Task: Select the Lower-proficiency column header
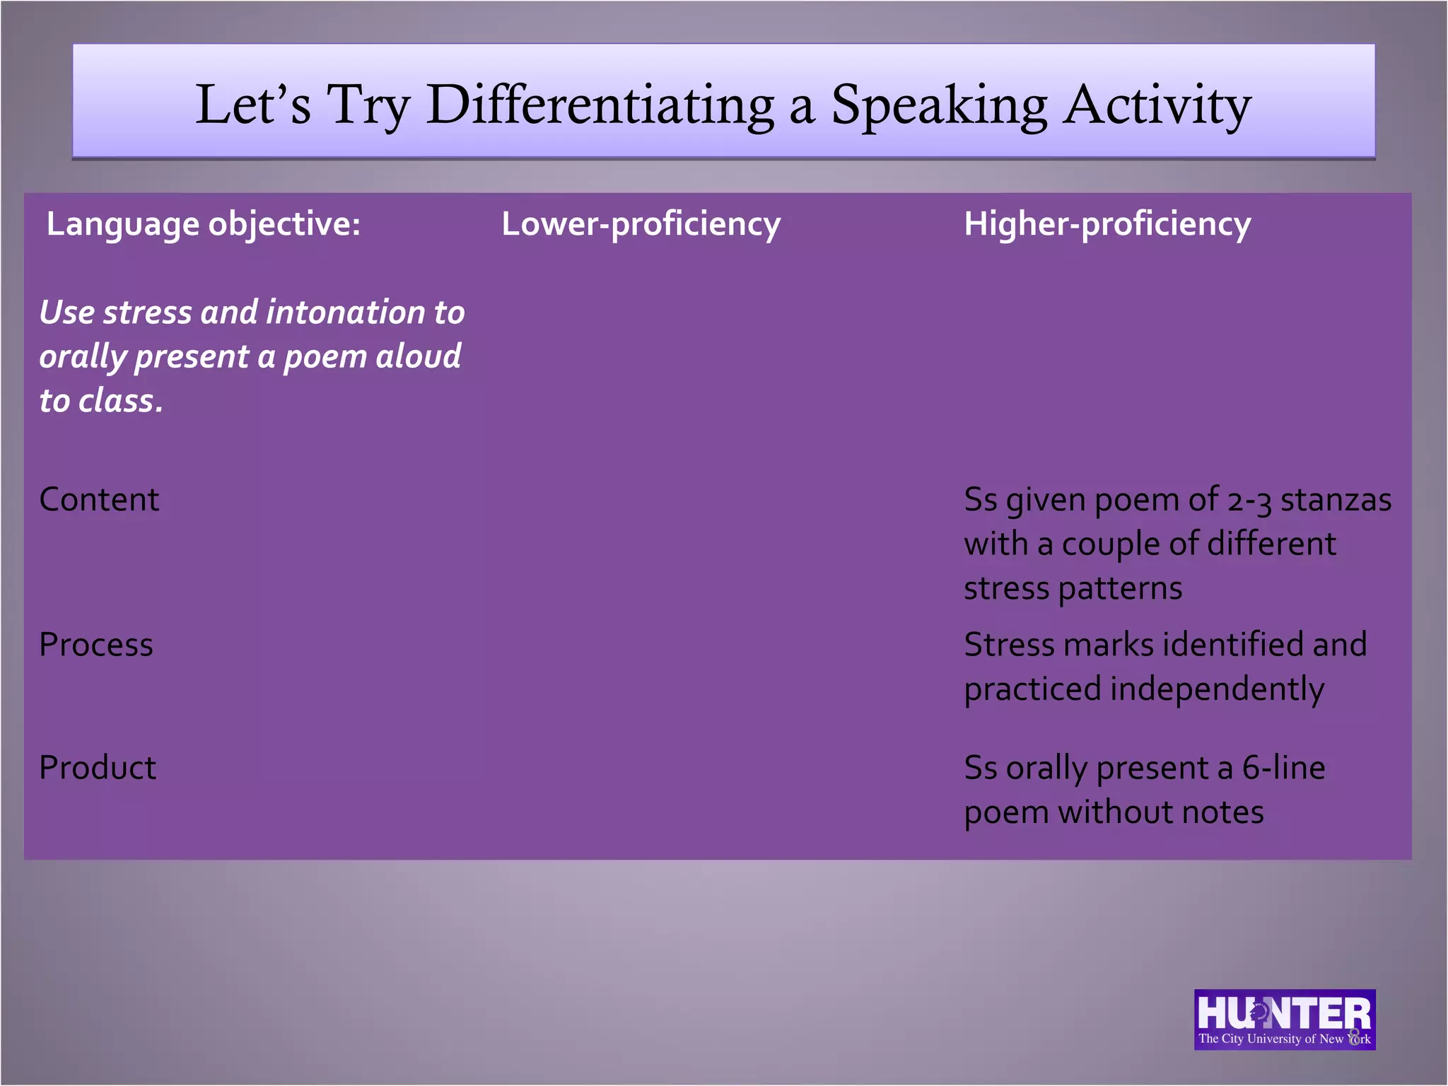click(641, 224)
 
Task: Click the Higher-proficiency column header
click(1107, 224)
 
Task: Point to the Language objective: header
click(204, 224)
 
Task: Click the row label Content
click(99, 500)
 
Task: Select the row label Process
click(96, 645)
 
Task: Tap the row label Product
click(98, 768)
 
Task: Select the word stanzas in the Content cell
click(1336, 500)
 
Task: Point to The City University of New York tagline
click(1284, 1039)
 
